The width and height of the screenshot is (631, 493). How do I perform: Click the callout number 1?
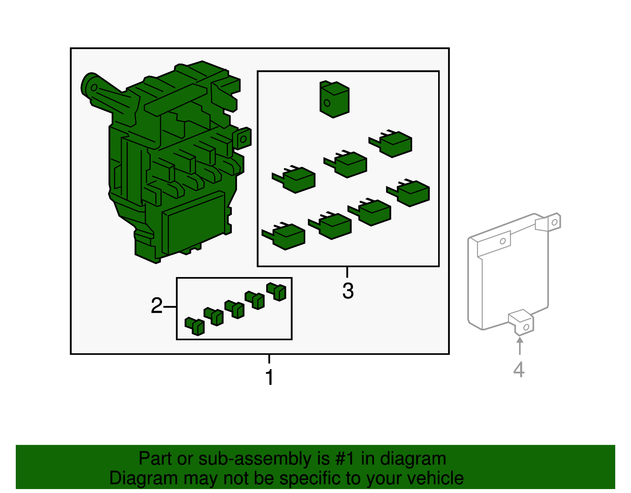coord(269,377)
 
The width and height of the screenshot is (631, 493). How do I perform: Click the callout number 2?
coord(157,306)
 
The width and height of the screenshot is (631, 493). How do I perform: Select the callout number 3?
coord(348,290)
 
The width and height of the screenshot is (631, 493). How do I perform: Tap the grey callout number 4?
coord(519,369)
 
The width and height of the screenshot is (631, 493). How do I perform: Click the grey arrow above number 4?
coord(520,345)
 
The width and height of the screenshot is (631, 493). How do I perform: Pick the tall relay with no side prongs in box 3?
coord(334,99)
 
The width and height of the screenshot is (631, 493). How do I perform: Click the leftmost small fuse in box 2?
coord(194,326)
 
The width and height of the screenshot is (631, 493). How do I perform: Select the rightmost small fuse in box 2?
coord(276,292)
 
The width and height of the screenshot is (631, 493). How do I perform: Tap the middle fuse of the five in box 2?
coord(234,309)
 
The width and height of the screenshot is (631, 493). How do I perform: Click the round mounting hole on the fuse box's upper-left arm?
coord(94,88)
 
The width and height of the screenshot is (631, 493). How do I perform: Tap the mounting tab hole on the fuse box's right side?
coord(243,139)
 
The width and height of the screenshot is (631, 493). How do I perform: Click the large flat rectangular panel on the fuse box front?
coord(194,223)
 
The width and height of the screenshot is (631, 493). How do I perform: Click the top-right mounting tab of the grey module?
coord(548,222)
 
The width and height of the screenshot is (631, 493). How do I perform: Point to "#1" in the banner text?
coord(345,459)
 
